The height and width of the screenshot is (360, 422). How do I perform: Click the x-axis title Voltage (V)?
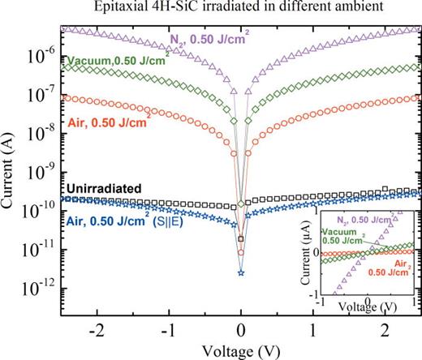click(x=241, y=351)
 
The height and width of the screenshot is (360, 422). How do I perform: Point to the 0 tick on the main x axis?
click(x=241, y=332)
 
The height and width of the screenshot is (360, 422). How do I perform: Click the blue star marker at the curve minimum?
click(x=241, y=272)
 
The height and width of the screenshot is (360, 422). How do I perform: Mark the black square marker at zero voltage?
click(x=241, y=238)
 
